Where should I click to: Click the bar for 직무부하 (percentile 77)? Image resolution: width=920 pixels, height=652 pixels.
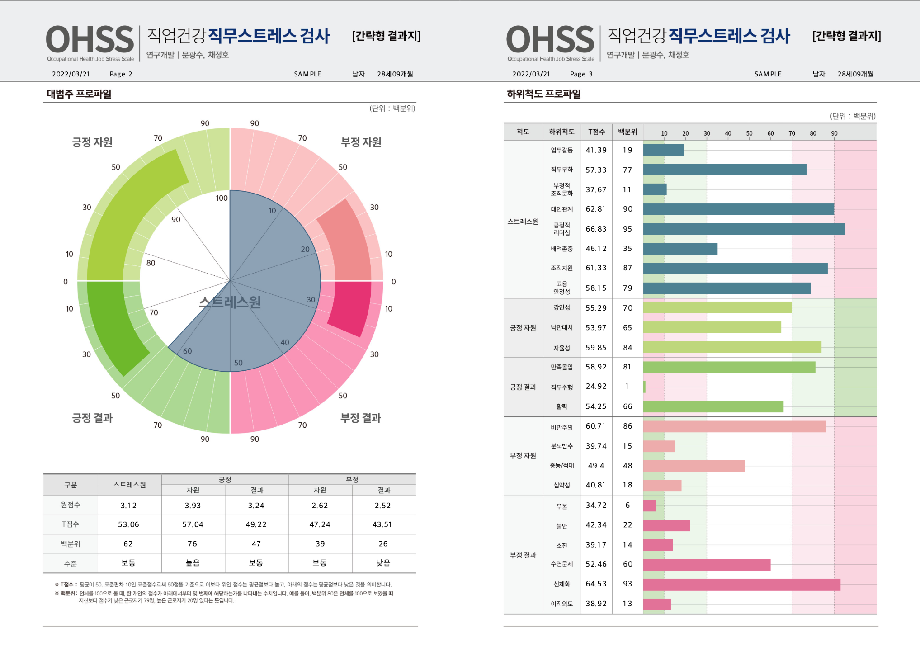coord(724,170)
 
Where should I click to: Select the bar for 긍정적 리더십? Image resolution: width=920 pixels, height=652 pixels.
coord(743,229)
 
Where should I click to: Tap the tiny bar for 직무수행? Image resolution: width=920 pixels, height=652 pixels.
coord(644,387)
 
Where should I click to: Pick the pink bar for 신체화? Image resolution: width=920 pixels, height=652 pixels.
coord(741,584)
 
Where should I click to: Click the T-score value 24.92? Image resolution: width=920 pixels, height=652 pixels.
coord(596,386)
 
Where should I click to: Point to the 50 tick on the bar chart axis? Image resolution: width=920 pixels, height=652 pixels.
coord(749,133)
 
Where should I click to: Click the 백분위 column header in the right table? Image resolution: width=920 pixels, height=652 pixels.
coord(627,132)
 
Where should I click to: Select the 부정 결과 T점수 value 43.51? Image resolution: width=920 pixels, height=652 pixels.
coord(382,524)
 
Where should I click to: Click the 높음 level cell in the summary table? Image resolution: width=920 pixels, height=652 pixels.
coord(193,563)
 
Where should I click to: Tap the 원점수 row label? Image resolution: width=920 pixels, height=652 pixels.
coord(71,505)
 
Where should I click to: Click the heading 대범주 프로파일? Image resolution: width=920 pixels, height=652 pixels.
coord(79,94)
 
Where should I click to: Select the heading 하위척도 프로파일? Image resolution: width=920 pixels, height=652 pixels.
coord(544,94)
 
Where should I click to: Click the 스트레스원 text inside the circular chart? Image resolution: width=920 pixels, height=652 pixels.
coord(230,302)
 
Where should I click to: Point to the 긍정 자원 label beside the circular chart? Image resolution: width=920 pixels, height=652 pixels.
coord(92,142)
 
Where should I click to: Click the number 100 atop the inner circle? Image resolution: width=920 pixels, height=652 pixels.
coord(222,198)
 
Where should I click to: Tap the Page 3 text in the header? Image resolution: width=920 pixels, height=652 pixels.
coord(581,74)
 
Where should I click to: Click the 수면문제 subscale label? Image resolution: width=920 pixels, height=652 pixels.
coord(561,564)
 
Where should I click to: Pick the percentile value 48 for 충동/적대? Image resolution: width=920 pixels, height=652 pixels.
coord(627,466)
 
